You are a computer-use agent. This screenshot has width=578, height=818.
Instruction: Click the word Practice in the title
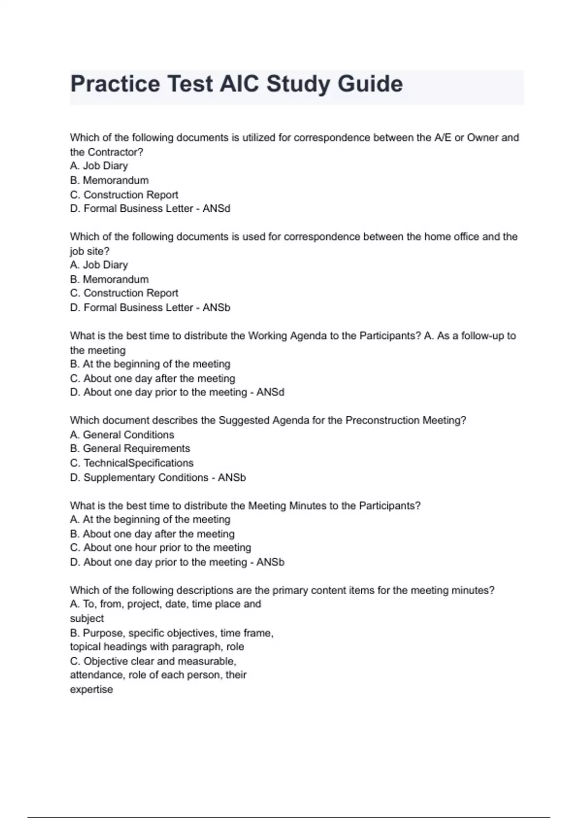[x=115, y=84]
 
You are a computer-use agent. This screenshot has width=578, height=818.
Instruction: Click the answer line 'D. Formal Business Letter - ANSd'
[x=150, y=209]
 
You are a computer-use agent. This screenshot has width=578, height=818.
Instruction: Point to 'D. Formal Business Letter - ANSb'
[x=150, y=307]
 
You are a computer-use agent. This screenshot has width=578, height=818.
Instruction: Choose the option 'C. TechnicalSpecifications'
[x=131, y=463]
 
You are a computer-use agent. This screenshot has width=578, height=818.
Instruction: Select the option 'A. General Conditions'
[x=122, y=435]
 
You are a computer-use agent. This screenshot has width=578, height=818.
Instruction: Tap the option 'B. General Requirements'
[x=130, y=448]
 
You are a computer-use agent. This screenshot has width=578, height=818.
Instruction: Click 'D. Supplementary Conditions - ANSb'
[x=158, y=477]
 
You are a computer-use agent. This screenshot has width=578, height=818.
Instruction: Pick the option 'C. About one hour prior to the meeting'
[x=160, y=548]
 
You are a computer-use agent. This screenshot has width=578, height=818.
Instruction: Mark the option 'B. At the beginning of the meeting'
[x=150, y=364]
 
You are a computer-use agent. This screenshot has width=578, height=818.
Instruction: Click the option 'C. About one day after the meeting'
[x=152, y=379]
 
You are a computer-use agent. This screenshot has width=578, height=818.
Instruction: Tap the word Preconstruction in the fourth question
[x=382, y=421]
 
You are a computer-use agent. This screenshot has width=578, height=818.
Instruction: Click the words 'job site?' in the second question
[x=90, y=251]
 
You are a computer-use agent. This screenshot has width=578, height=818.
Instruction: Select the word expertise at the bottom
[x=91, y=690]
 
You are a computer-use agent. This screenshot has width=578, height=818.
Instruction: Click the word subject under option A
[x=87, y=618]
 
